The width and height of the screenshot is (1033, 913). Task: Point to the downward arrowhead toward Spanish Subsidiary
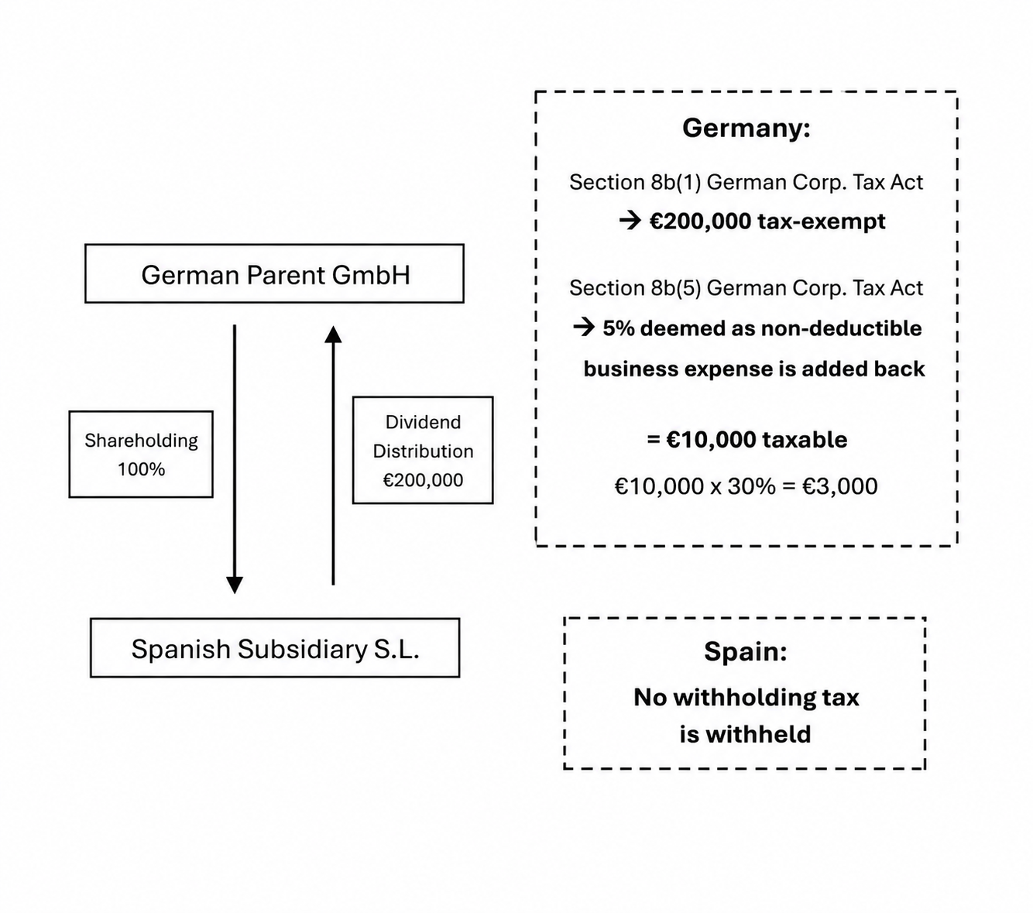tap(235, 585)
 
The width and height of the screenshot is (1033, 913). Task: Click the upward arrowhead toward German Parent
tap(333, 335)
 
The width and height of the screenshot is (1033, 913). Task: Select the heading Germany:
tap(746, 128)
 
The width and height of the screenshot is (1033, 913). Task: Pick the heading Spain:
tap(746, 651)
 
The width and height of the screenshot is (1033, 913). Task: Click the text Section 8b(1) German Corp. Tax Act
tap(746, 182)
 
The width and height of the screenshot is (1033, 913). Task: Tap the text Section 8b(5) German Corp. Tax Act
tap(746, 288)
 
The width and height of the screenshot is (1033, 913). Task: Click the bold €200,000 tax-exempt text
tap(767, 221)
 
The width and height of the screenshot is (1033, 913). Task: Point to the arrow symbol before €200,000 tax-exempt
tap(630, 221)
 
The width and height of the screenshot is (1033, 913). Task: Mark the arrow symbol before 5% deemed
tap(584, 327)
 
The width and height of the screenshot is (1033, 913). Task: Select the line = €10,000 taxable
tap(747, 440)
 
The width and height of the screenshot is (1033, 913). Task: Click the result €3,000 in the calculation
tap(839, 486)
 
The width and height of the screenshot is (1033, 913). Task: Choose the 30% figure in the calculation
tap(752, 486)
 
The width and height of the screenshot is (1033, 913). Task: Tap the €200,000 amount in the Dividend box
tap(423, 480)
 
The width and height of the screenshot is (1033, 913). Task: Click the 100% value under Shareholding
tap(141, 469)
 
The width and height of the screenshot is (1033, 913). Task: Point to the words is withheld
tap(745, 734)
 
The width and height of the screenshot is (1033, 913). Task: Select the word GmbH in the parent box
tap(371, 275)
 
